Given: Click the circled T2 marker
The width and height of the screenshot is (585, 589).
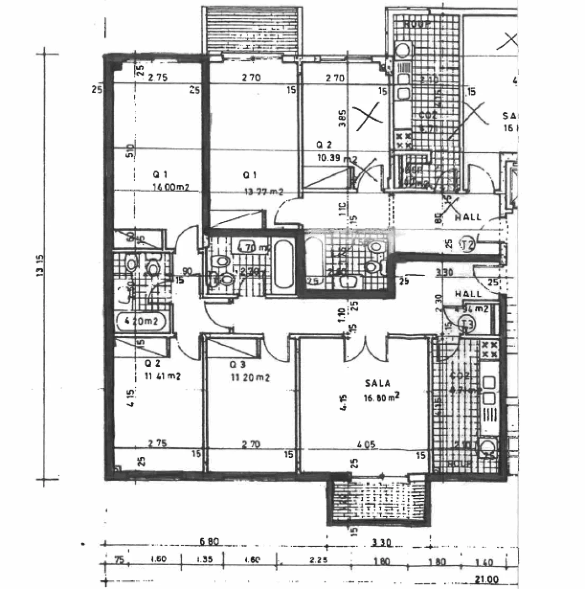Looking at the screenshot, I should (x=467, y=244).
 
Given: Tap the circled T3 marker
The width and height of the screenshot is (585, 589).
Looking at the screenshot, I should (x=466, y=324).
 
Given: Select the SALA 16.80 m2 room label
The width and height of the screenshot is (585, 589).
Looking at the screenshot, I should (x=378, y=390).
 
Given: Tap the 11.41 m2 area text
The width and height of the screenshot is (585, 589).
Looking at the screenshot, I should (x=162, y=376).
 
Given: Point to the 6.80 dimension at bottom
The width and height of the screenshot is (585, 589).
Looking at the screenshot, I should (x=210, y=541).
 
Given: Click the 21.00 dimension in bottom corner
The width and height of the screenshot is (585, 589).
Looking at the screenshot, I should (x=486, y=579).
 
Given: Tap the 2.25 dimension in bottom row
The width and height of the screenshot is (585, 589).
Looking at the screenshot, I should (x=318, y=561).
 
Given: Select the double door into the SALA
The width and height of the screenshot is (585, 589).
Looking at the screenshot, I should (x=366, y=348).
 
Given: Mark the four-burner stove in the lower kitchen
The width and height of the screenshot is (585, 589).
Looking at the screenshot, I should (x=489, y=349).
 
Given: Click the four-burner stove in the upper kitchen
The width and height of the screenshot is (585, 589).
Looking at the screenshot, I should (x=404, y=140).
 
